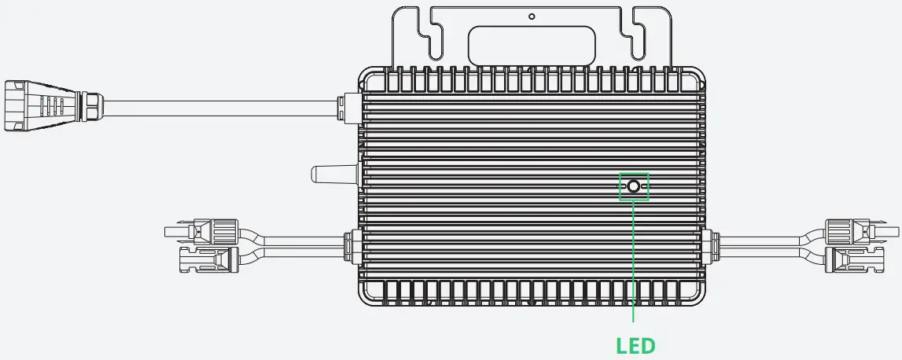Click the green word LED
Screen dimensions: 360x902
(634, 344)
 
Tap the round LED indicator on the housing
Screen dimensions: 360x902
(634, 187)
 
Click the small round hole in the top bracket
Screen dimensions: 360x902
(532, 16)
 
